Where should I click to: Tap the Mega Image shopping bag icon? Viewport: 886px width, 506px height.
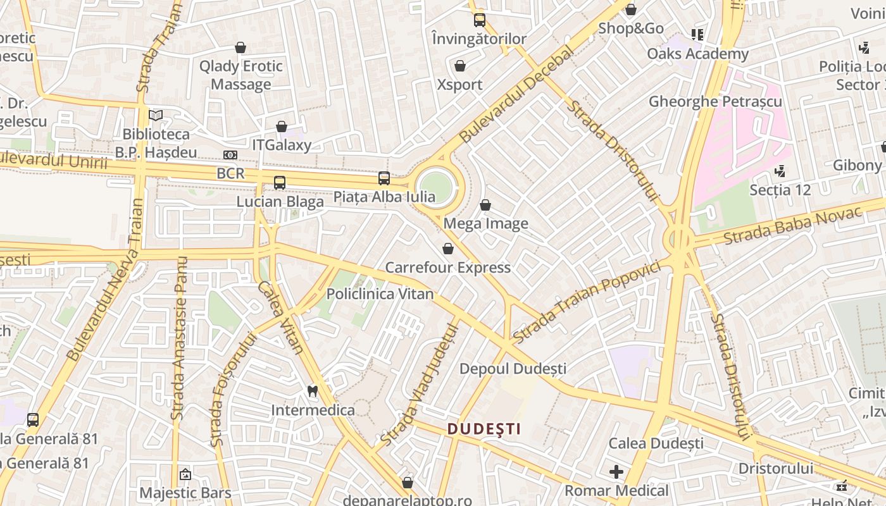[x=485, y=205]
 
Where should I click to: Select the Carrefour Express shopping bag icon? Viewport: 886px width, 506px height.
[x=448, y=249]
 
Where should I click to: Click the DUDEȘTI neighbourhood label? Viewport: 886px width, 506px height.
[x=484, y=429]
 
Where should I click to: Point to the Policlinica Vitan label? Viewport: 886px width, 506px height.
[x=380, y=294]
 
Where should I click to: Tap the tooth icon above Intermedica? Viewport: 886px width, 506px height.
[x=312, y=391]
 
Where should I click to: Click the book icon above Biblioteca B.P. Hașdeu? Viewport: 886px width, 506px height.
[x=156, y=115]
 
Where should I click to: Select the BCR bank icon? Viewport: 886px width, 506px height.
[x=230, y=155]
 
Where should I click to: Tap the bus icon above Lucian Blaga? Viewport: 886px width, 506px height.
[x=280, y=183]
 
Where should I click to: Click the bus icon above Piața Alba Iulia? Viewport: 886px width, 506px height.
[x=384, y=178]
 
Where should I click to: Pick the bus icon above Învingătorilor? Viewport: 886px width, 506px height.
[x=479, y=20]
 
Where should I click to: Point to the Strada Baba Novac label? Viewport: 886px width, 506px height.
[x=792, y=226]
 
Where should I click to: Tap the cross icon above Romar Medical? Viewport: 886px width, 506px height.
[x=616, y=472]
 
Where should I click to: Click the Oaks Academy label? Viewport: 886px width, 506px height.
[x=697, y=54]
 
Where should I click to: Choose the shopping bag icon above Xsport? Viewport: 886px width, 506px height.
[x=460, y=66]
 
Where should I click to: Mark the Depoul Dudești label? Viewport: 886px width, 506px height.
[x=513, y=368]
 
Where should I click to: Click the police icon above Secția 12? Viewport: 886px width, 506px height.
[x=780, y=171]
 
